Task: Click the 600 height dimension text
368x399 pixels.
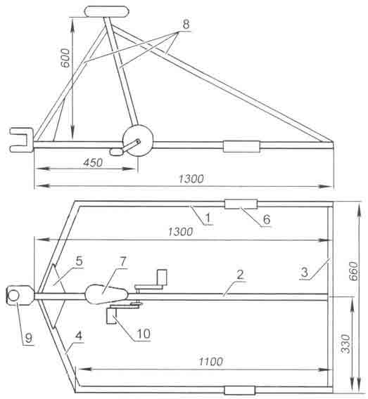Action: tap(65, 58)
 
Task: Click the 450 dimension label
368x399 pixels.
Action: tap(93, 163)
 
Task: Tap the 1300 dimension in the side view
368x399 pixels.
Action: tap(191, 179)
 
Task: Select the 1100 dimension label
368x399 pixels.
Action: tap(211, 361)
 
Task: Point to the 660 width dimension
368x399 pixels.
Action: tap(353, 271)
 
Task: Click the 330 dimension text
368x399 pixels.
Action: tap(345, 344)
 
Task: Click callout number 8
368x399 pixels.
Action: tap(186, 25)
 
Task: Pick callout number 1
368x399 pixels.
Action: tap(208, 218)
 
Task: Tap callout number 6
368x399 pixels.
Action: tap(267, 219)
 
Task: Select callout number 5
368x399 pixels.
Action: tap(80, 261)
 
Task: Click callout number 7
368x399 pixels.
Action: tap(123, 261)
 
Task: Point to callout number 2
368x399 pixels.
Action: tap(240, 275)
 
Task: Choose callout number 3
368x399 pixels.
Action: tap(305, 273)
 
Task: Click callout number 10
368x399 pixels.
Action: tap(144, 334)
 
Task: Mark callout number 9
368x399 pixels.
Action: tap(29, 338)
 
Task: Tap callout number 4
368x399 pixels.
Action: tap(79, 336)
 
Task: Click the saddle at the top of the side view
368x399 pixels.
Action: tap(107, 11)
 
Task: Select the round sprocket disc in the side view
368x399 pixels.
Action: tap(138, 140)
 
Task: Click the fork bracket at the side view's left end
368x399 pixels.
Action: tap(22, 140)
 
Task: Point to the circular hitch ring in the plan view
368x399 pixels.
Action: tap(13, 296)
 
